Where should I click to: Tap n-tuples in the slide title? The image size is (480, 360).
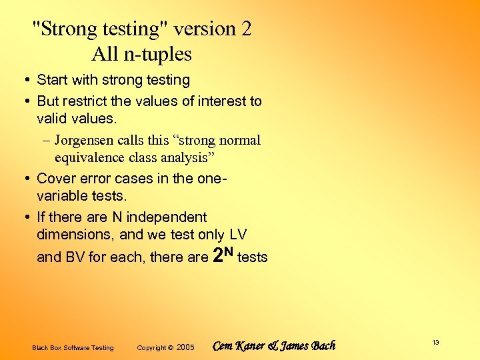coord(158,53)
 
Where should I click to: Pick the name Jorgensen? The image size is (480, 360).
coord(85,141)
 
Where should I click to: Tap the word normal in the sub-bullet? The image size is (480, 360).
coord(239,141)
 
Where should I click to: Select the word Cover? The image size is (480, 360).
coord(55,178)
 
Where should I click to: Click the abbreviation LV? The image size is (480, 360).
coord(237,235)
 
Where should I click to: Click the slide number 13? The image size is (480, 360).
coord(435,343)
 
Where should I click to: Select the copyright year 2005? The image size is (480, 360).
coord(186,347)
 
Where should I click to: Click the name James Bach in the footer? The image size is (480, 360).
coord(310,346)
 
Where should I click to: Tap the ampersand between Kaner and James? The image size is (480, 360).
coord(273,346)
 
